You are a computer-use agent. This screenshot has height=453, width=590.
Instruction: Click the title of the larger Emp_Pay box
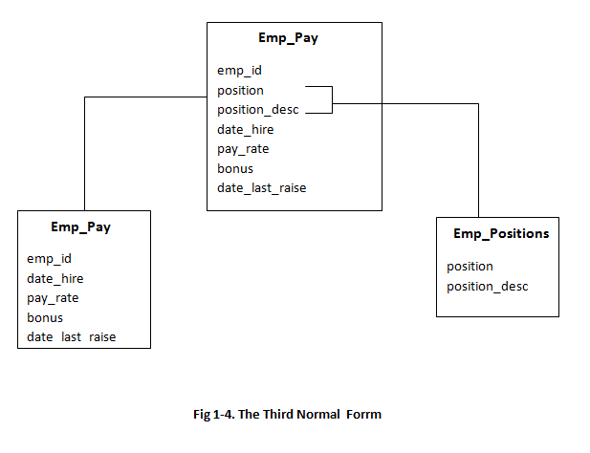[288, 39]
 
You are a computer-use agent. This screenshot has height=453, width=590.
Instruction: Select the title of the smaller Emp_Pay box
[82, 227]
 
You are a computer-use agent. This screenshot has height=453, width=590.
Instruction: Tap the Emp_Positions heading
[501, 233]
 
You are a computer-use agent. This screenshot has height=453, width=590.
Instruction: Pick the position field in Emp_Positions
[470, 266]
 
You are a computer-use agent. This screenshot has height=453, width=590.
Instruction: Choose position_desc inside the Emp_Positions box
[487, 286]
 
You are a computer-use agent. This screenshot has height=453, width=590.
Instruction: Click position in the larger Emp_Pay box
[240, 90]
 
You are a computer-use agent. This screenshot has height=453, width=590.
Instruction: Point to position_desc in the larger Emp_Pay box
[257, 110]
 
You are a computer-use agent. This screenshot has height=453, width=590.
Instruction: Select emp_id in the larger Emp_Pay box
[239, 70]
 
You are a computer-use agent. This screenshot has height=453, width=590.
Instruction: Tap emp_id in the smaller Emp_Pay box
[49, 258]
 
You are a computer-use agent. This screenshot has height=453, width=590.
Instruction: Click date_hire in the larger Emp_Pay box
[246, 129]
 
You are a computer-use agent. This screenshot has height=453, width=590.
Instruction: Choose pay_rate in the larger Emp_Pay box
[243, 149]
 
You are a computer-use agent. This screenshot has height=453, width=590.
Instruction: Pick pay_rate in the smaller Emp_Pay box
[53, 297]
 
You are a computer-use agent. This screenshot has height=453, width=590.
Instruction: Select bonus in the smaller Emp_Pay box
[45, 317]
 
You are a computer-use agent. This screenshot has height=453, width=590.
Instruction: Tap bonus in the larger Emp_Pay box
[235, 168]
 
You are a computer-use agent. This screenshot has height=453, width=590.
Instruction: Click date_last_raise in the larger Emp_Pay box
[261, 188]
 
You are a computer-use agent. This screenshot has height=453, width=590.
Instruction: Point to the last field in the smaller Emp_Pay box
[71, 337]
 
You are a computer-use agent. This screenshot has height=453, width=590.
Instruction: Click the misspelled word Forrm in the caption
[361, 414]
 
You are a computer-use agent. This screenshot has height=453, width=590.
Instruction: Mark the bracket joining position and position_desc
[331, 99]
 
